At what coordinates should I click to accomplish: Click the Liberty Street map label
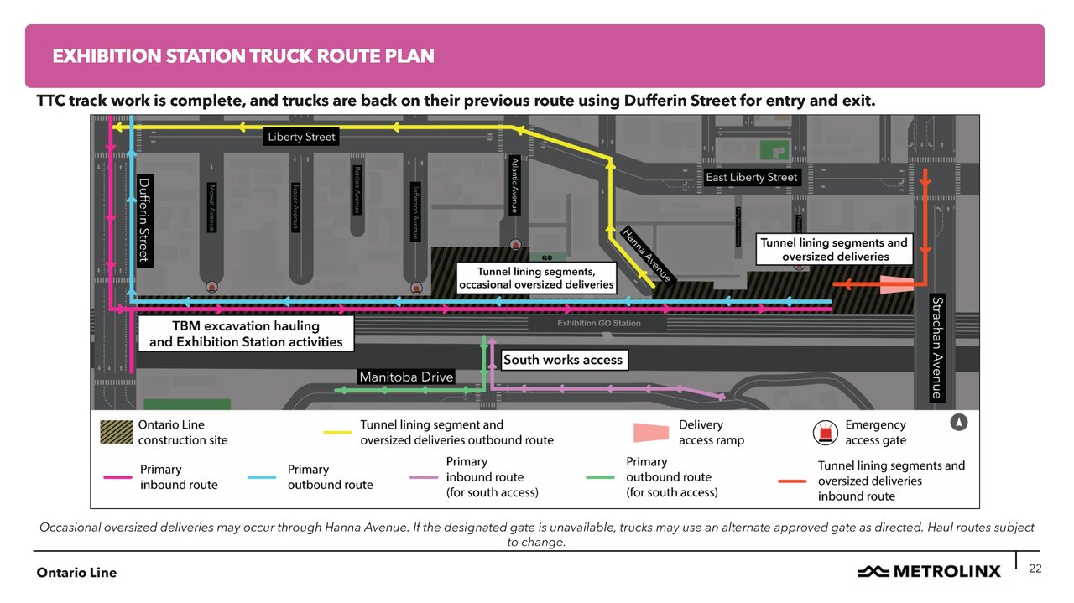pos(301,137)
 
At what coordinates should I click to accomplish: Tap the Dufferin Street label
pos(143,220)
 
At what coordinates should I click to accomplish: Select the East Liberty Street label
pos(752,177)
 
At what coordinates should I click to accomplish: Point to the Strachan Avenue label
pos(938,348)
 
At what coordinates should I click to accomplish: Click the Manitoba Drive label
pos(406,377)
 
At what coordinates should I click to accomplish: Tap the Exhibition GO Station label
pos(599,323)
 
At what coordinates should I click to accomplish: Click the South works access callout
pos(563,360)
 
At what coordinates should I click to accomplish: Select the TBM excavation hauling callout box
pos(246,333)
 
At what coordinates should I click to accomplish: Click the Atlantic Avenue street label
pos(514,185)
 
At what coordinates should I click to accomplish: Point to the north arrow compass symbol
pos(958,423)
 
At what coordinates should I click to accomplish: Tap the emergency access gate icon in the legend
pos(827,433)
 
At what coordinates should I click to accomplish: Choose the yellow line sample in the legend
pos(337,433)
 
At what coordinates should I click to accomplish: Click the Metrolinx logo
pos(929,571)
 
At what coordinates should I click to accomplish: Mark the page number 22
pos(1035,569)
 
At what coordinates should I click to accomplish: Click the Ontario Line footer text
pos(76,573)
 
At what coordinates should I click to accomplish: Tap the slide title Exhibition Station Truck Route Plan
pos(243,56)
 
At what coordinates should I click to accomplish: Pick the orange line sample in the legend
pos(793,481)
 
